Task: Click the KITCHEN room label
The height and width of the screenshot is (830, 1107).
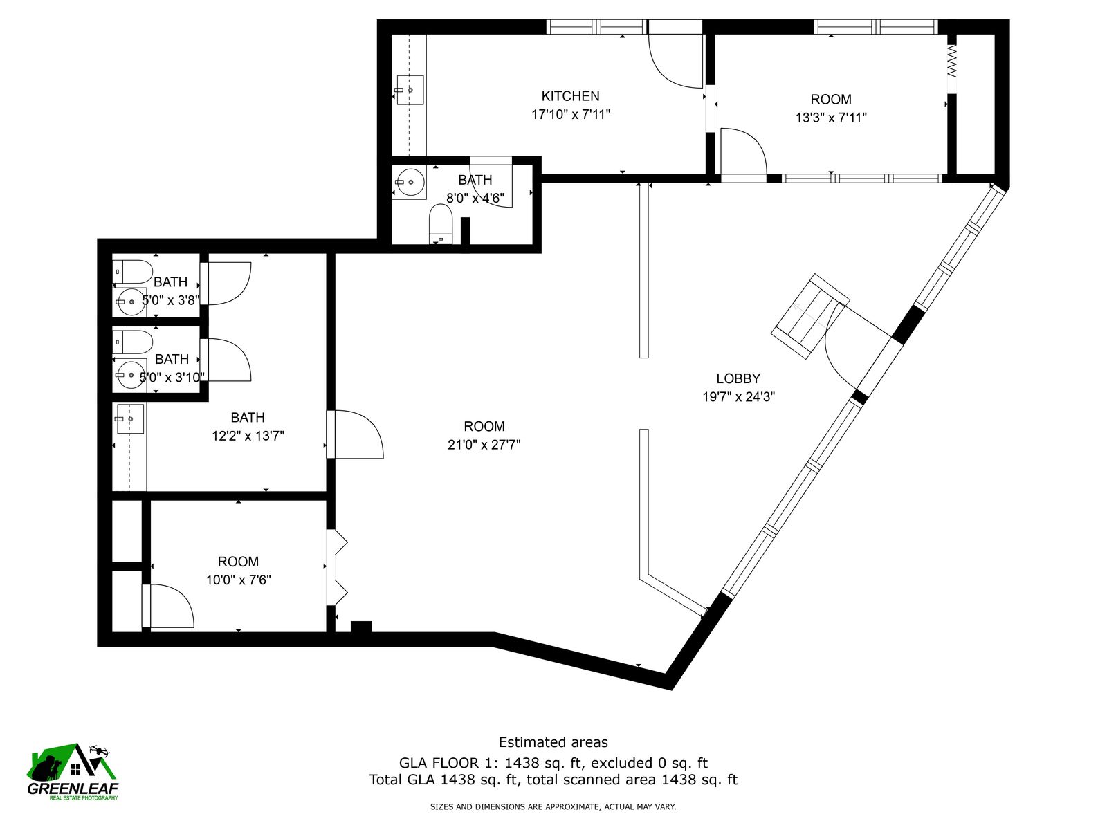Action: click(570, 95)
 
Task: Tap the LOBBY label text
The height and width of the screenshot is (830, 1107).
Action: click(738, 378)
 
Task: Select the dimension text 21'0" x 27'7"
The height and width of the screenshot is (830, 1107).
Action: click(484, 445)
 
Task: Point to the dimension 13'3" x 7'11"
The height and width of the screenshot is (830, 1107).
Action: click(831, 118)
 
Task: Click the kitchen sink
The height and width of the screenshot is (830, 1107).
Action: click(410, 90)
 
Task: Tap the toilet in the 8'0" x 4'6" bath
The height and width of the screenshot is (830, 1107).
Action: click(440, 223)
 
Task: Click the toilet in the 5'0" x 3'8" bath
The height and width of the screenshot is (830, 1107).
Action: click(132, 272)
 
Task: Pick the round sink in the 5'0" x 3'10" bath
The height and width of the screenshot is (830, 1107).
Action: click(129, 375)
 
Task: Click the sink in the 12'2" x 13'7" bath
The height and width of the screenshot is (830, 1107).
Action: click(131, 418)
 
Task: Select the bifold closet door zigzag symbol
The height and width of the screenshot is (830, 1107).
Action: click(951, 60)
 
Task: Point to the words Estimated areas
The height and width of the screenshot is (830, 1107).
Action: click(553, 741)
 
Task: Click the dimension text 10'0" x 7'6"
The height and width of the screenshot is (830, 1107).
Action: click(238, 580)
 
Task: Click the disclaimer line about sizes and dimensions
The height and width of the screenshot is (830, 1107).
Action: click(553, 806)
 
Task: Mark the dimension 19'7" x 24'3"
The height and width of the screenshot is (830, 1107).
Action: click(738, 396)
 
